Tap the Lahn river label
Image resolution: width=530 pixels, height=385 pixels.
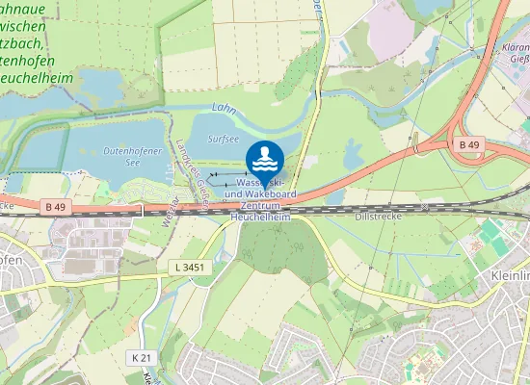click(x=223, y=110)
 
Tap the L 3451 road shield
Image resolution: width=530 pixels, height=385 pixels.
click(x=189, y=267)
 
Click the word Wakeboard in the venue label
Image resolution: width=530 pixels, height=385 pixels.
click(x=260, y=194)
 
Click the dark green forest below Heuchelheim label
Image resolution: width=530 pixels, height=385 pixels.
click(x=274, y=252)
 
